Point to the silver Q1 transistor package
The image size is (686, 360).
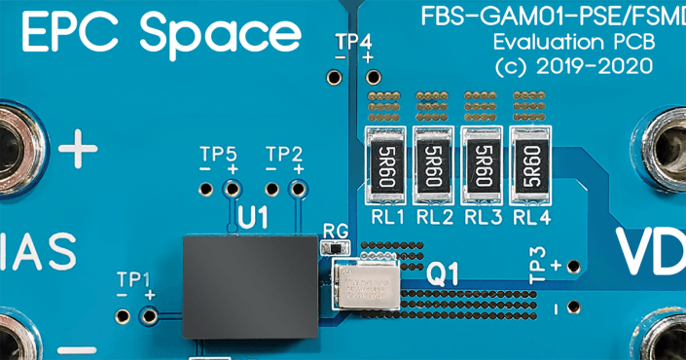click(364, 283)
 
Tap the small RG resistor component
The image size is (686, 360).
click(334, 248)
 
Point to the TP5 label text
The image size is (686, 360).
click(218, 154)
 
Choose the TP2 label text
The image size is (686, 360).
click(284, 154)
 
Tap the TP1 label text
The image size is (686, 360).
click(134, 278)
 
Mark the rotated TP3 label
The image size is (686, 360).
click(538, 265)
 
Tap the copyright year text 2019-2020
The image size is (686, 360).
click(595, 67)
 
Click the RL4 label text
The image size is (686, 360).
click(532, 218)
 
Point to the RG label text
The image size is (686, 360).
click(335, 231)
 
